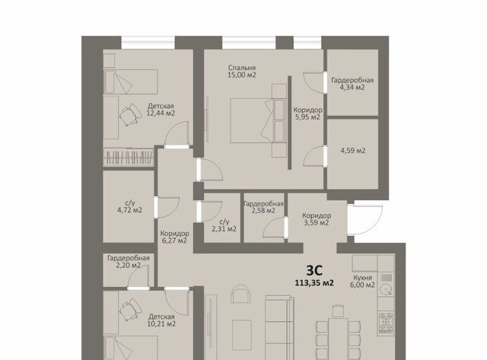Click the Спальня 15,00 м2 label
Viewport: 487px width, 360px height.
point(242,71)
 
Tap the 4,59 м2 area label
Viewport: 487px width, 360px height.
point(353,151)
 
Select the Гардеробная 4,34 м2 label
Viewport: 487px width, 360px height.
point(352,84)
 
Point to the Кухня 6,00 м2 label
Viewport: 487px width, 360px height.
point(362,281)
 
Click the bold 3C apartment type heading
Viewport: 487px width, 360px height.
point(314,270)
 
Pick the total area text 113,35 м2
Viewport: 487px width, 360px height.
point(314,283)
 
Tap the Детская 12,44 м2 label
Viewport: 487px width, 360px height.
point(161,110)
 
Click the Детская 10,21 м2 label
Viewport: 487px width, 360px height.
point(161,320)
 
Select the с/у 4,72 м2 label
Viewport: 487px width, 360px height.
point(129,206)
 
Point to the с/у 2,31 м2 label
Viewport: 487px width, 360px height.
point(224,225)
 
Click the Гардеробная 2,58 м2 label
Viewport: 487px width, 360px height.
point(263,207)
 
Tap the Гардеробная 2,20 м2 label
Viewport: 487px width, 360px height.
point(129,262)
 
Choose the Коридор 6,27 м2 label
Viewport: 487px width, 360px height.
point(174,237)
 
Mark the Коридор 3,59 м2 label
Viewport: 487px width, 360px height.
point(317,219)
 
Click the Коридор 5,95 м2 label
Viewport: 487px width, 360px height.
point(307,113)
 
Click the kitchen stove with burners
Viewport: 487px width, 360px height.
point(386,323)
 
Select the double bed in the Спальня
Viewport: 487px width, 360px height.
point(258,120)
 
